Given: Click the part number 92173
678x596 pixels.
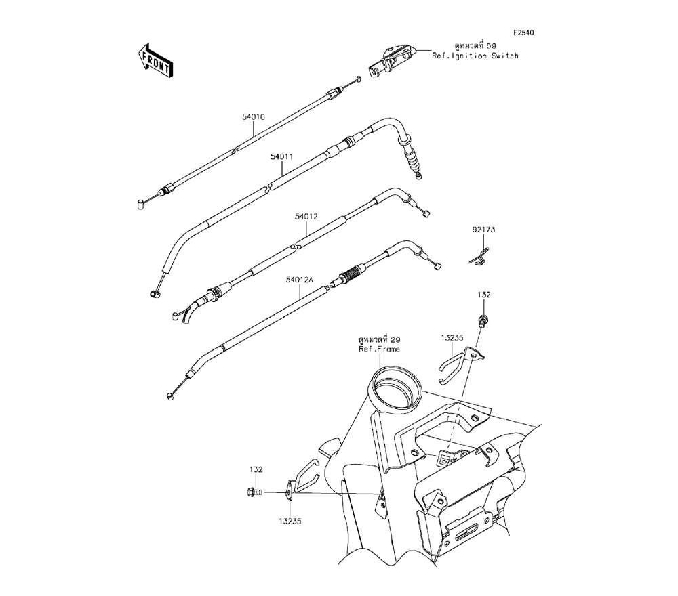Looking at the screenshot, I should click(x=484, y=230).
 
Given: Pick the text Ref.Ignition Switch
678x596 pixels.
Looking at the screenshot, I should click(x=475, y=56).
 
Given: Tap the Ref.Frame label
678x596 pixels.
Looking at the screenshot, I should click(x=379, y=349).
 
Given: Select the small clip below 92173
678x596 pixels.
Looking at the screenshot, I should click(x=480, y=256).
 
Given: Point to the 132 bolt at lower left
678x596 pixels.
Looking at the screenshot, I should click(x=254, y=492).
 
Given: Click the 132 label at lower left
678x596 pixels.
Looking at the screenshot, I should click(x=255, y=469).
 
